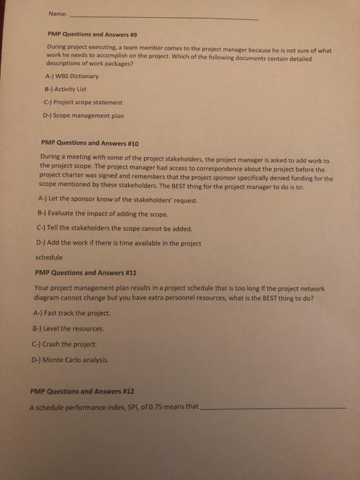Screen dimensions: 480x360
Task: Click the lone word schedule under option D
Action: pyautogui.click(x=48, y=258)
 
